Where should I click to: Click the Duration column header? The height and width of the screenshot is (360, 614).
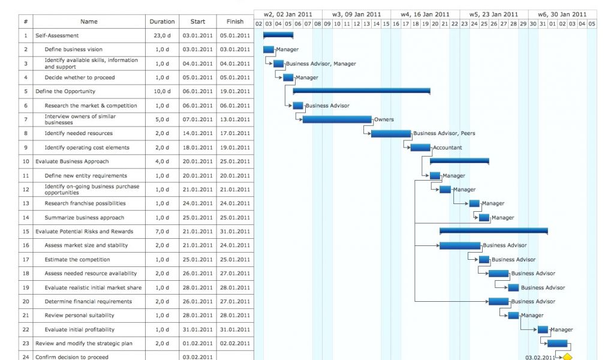pyautogui.click(x=162, y=22)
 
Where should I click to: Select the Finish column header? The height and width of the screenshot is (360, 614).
pyautogui.click(x=234, y=22)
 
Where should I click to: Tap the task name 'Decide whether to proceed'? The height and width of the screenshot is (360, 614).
pyautogui.click(x=79, y=77)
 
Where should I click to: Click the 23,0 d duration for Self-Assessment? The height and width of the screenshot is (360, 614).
pyautogui.click(x=162, y=35)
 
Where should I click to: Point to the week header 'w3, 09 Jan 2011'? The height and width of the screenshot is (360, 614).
pyautogui.click(x=356, y=14)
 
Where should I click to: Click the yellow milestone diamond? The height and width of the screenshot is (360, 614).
pyautogui.click(x=567, y=357)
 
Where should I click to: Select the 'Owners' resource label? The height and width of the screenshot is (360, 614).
pyautogui.click(x=384, y=119)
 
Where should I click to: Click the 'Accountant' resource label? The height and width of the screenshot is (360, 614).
pyautogui.click(x=447, y=148)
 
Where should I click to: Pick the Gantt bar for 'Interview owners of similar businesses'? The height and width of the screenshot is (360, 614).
pyautogui.click(x=337, y=119)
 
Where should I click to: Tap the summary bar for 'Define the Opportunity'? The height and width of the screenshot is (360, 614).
pyautogui.click(x=362, y=91)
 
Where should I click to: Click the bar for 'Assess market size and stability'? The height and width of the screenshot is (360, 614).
pyautogui.click(x=459, y=245)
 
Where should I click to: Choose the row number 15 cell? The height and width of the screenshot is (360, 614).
pyautogui.click(x=26, y=232)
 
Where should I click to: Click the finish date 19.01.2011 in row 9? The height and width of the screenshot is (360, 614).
pyautogui.click(x=234, y=148)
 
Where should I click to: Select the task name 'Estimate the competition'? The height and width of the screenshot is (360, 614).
pyautogui.click(x=77, y=260)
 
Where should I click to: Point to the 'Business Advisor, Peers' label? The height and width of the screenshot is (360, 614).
pyautogui.click(x=444, y=133)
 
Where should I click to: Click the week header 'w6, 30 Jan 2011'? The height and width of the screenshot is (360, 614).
pyautogui.click(x=562, y=14)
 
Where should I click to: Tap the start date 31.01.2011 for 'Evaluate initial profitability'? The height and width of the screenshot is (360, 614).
pyautogui.click(x=197, y=329)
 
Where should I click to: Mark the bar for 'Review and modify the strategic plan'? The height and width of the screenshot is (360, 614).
pyautogui.click(x=557, y=343)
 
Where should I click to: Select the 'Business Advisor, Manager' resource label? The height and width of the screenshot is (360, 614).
pyautogui.click(x=320, y=64)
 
